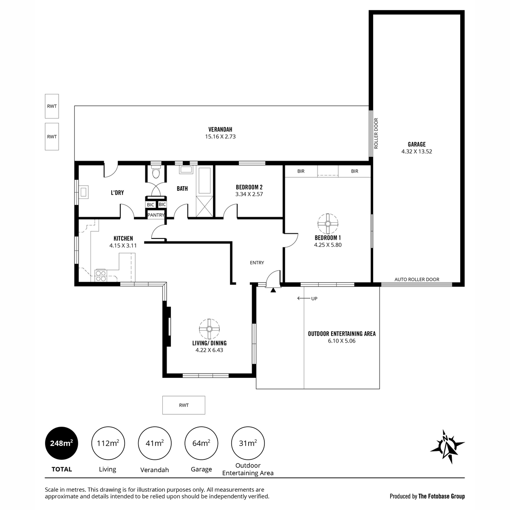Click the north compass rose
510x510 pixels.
[447, 450]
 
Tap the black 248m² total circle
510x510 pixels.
[61, 443]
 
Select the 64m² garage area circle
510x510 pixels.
[201, 443]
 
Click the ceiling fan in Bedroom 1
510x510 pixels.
[328, 224]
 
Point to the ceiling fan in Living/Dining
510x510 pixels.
[209, 329]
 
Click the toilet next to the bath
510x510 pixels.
[156, 172]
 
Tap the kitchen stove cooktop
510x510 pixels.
[101, 275]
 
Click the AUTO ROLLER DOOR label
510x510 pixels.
[416, 279]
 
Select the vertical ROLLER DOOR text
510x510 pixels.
[376, 133]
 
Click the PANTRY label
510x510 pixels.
[156, 215]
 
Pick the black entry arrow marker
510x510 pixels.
[273, 290]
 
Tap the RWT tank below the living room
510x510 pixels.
[184, 405]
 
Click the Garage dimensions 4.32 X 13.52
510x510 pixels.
[416, 151]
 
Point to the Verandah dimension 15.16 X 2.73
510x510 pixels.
[220, 136]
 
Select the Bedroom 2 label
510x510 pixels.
[249, 187]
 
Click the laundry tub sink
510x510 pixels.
[85, 192]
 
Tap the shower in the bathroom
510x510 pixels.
[204, 207]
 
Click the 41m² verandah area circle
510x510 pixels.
[155, 443]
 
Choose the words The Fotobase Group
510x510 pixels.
[442, 496]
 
